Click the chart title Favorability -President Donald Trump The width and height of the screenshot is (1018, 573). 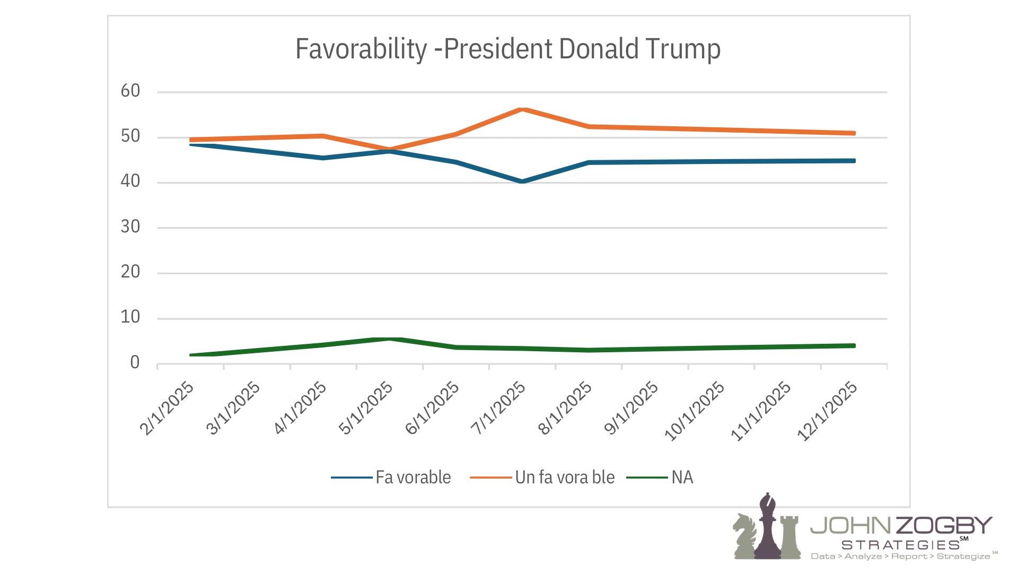[x=507, y=49]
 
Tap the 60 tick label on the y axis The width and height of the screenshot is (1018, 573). [x=130, y=91]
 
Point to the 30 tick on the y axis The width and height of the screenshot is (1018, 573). [x=130, y=227]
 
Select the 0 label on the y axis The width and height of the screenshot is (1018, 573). [x=135, y=363]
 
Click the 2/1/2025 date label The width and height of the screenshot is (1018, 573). [x=167, y=408]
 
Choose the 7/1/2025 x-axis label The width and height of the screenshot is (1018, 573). [x=498, y=408]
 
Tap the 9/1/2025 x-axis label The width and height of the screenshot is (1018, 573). [x=631, y=408]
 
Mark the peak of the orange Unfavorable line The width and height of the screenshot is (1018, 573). [x=522, y=109]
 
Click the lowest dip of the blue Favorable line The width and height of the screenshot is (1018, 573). [x=522, y=181]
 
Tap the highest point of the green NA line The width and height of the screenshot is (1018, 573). [x=390, y=339]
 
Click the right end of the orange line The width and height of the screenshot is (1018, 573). [x=854, y=133]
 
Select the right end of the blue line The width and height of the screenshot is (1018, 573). [x=854, y=161]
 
